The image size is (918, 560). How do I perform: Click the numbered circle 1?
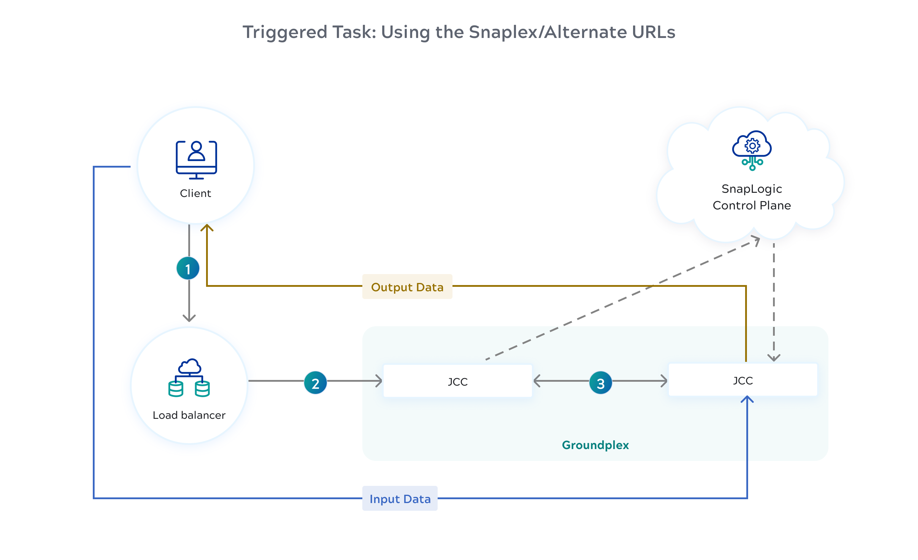point(188,268)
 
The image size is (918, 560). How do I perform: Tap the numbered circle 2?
point(315,383)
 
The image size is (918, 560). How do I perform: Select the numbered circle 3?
point(600,383)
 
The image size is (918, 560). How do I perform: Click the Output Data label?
point(407,287)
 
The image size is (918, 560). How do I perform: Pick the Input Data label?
point(400,499)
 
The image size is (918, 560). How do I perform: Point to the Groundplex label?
point(595,445)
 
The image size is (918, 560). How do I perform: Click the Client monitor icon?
point(196,160)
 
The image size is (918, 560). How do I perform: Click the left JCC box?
point(458,381)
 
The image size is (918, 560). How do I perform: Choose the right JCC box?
point(742,380)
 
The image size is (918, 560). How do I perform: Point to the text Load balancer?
point(189,415)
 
